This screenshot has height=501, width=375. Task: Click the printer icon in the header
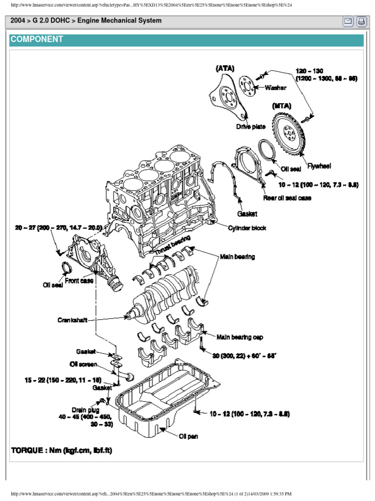point(361,22)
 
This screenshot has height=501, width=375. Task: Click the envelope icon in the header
point(349,22)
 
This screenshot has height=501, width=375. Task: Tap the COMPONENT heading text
point(37,40)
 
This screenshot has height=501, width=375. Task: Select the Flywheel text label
point(319,166)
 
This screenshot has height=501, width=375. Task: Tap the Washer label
point(275,88)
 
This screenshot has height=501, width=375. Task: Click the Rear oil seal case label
point(288,198)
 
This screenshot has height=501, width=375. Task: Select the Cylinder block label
point(247,228)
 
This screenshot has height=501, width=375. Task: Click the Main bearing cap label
point(241,338)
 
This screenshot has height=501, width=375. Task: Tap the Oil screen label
point(83,364)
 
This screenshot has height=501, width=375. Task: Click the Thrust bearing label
point(171,248)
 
